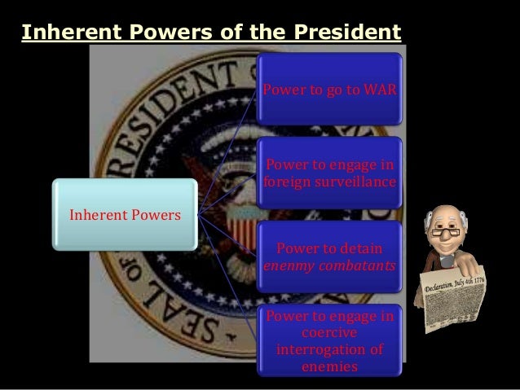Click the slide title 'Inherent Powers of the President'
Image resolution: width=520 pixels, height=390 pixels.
[x=211, y=33]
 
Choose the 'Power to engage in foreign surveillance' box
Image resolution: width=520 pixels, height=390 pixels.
[x=330, y=173]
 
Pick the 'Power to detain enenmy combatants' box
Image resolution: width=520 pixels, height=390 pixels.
[x=330, y=256]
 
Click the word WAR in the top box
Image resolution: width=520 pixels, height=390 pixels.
[x=382, y=88]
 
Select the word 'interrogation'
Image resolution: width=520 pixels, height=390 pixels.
[x=316, y=350]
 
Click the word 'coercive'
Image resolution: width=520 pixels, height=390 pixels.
[x=328, y=334]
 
